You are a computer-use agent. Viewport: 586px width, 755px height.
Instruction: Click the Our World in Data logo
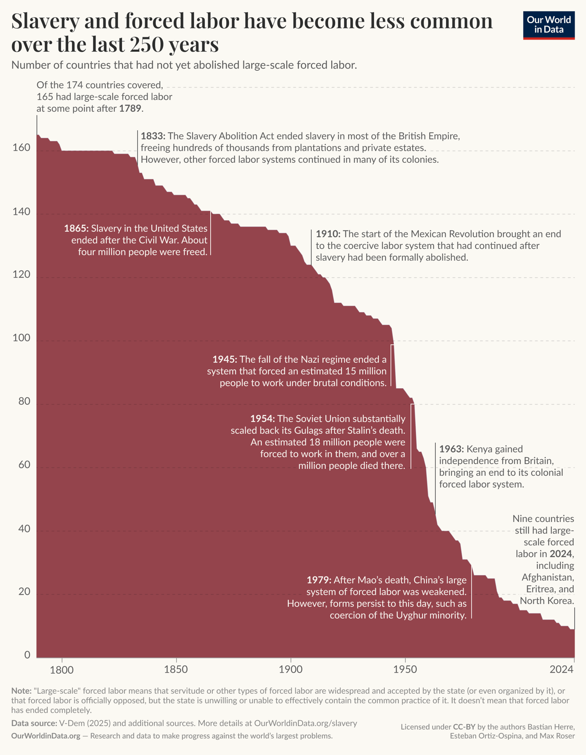549,25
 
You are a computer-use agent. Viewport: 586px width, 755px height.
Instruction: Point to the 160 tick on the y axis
21,148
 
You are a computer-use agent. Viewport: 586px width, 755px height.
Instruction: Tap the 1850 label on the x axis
176,669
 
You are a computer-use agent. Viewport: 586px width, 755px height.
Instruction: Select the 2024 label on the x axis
562,669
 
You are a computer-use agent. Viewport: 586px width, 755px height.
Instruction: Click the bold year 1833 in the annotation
153,136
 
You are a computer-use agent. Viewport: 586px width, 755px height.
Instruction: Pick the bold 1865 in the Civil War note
76,228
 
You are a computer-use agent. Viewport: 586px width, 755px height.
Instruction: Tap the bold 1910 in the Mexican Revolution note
328,234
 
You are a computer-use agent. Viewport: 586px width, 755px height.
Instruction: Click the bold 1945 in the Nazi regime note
224,359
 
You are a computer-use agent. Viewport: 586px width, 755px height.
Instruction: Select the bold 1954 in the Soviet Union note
262,419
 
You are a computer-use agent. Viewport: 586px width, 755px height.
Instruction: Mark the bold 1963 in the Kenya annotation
451,449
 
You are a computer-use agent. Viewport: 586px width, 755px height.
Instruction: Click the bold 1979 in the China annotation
319,580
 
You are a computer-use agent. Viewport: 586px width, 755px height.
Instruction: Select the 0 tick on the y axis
27,655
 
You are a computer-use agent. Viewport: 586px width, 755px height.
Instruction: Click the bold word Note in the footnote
20,690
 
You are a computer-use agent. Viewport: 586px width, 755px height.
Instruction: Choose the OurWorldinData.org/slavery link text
306,723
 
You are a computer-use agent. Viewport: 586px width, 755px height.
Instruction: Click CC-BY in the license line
464,727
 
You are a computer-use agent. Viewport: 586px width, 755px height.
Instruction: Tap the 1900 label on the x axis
290,669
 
